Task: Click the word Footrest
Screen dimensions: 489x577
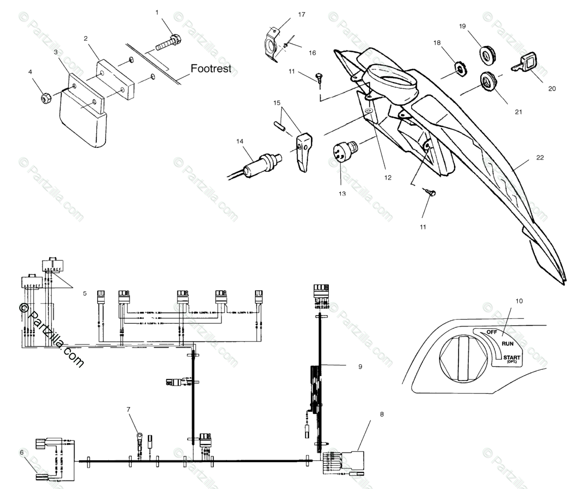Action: point(211,69)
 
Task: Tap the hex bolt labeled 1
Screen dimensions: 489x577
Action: point(168,42)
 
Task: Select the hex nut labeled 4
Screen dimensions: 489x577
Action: point(47,98)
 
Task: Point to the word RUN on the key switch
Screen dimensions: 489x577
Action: point(508,344)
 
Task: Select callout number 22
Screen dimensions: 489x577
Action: point(540,158)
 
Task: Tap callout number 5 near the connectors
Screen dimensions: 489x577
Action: point(85,293)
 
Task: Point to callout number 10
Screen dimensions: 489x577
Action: point(518,301)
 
